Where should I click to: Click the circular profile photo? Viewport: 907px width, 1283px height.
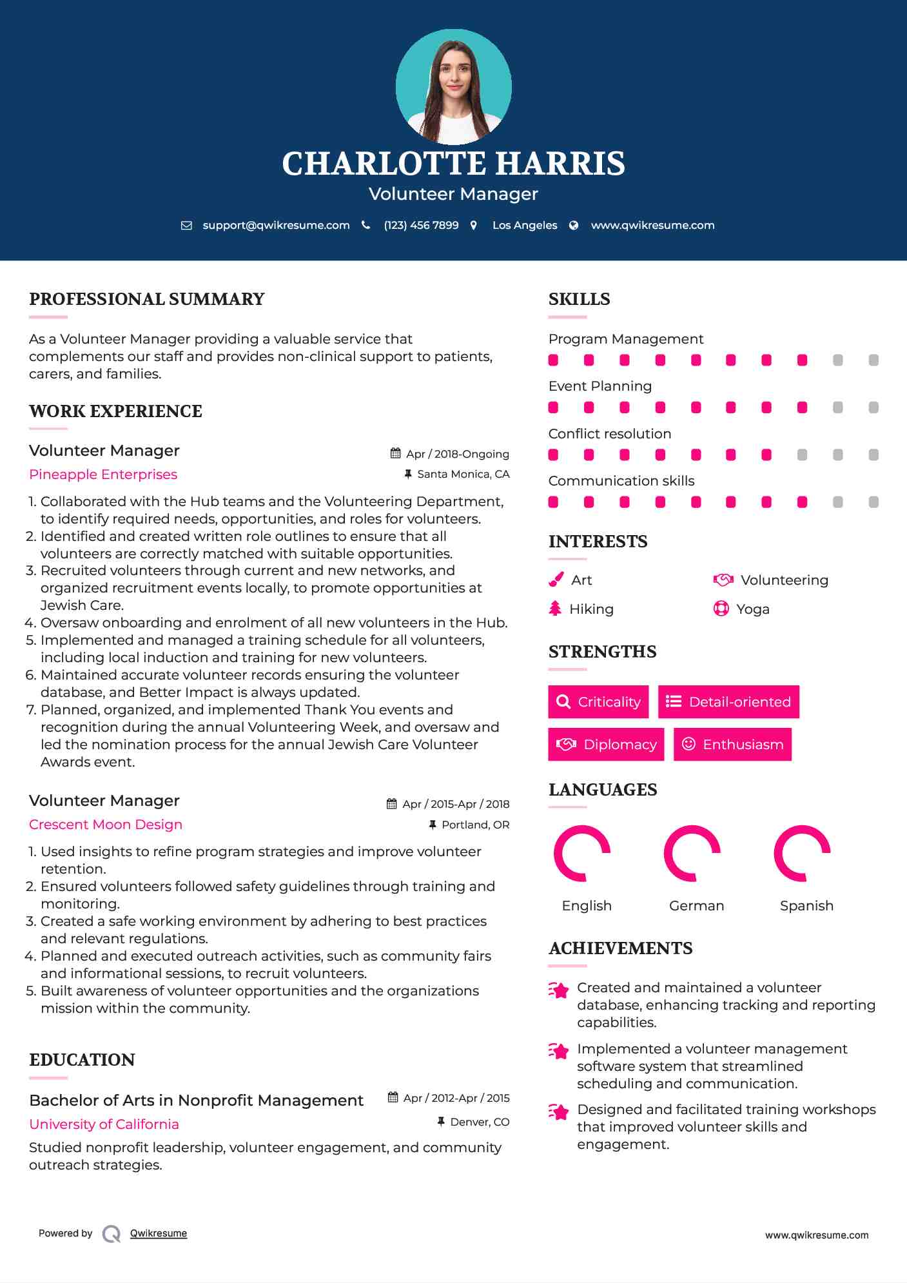click(453, 86)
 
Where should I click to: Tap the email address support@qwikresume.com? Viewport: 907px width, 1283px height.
click(276, 225)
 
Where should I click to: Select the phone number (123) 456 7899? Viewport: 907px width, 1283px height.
click(421, 225)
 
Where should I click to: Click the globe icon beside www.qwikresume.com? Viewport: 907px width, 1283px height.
click(574, 225)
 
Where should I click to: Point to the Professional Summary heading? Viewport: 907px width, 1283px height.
click(147, 299)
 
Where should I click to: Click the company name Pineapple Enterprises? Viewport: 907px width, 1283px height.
click(103, 475)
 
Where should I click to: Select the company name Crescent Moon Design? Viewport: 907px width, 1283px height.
click(106, 825)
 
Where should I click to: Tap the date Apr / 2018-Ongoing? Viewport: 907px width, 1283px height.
click(457, 454)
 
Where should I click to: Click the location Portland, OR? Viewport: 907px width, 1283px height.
click(475, 825)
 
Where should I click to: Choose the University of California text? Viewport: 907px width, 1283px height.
click(104, 1124)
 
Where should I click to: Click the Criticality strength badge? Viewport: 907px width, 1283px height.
click(598, 701)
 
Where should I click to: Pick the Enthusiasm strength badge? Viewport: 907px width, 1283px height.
click(732, 744)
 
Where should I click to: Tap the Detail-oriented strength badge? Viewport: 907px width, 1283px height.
click(728, 701)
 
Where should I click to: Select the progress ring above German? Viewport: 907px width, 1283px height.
click(692, 853)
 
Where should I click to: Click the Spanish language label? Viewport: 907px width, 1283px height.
click(806, 906)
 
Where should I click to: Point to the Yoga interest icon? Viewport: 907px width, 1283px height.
click(721, 609)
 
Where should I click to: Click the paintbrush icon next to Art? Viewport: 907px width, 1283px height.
click(556, 580)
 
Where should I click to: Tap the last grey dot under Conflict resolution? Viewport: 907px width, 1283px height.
click(873, 455)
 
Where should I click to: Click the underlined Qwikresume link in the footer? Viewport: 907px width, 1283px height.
click(159, 1233)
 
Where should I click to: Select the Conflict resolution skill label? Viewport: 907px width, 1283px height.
click(609, 434)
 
